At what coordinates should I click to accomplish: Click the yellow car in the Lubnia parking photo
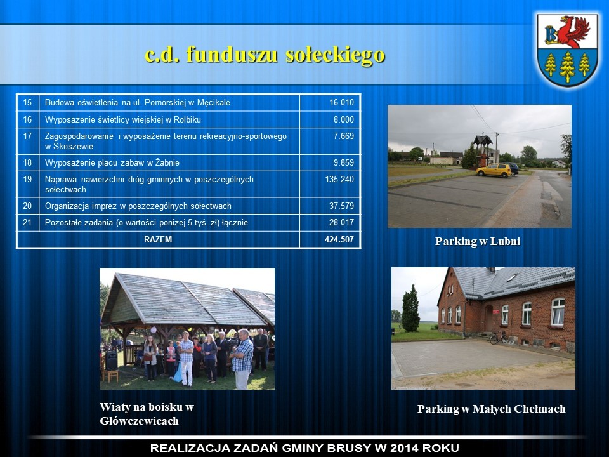pos(494,170)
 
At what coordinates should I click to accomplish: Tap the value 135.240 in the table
pos(339,179)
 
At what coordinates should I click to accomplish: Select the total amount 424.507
pos(339,239)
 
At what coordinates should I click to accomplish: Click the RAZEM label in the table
pos(158,239)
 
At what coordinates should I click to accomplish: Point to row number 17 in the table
pos(27,136)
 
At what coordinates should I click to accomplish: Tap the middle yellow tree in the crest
pos(567,66)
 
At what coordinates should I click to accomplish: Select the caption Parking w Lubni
pos(478,241)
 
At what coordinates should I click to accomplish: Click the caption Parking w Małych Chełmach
pos(491,409)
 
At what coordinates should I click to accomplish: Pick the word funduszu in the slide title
pos(232,54)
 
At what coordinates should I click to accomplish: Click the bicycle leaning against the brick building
pos(499,338)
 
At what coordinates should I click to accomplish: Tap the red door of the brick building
pos(488,318)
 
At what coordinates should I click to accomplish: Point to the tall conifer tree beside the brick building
pos(410,308)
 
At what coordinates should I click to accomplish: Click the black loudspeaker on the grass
pos(112,361)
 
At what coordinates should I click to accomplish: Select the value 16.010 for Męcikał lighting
pos(342,103)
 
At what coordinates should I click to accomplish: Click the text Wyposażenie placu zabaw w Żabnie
pos(112,163)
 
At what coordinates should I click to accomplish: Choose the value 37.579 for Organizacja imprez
pos(342,206)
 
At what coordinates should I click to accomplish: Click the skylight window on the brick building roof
pos(512,277)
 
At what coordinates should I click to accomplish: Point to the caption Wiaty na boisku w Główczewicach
pos(147,414)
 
